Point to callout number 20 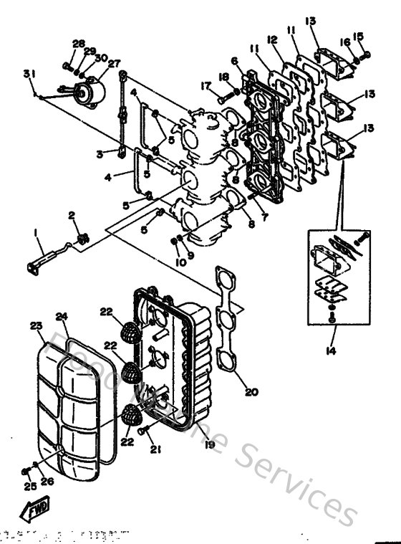tap(251, 393)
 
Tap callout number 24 tap(62, 316)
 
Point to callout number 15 tap(359, 36)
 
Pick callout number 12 tap(272, 39)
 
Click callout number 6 tap(235, 61)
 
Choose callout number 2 tap(72, 215)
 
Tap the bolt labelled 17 tap(228, 93)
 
